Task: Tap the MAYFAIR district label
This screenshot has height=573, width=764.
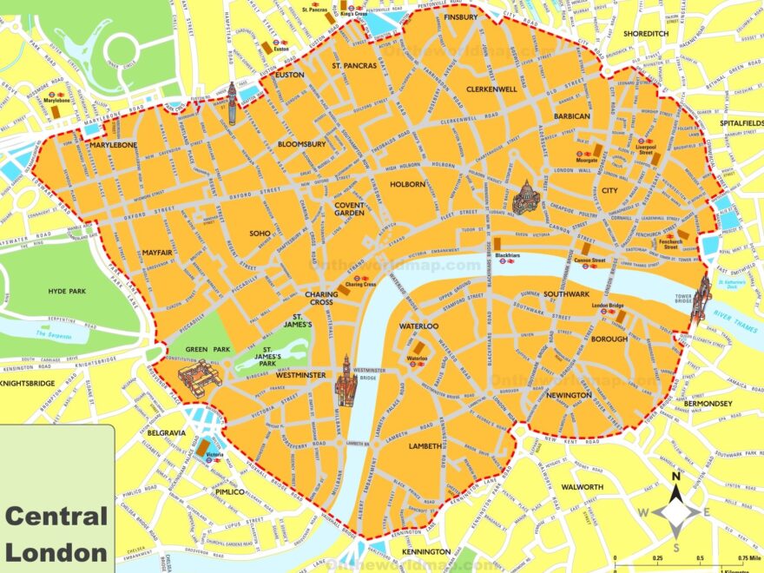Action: [157, 253]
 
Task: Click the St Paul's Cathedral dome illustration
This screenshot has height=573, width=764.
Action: [525, 198]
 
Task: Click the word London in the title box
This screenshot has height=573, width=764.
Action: [56, 550]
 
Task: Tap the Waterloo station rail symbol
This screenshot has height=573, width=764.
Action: [417, 365]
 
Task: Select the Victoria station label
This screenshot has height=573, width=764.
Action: [212, 457]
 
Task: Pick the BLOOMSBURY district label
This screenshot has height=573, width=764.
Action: [302, 144]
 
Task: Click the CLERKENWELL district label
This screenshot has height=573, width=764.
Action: [491, 89]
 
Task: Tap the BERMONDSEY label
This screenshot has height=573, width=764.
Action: [708, 404]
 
